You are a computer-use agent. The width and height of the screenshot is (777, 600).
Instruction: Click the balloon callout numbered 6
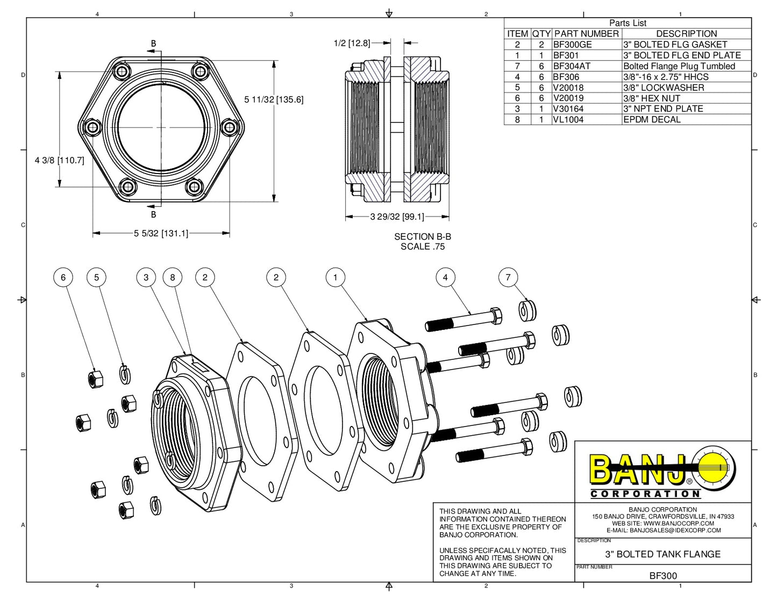tap(63, 277)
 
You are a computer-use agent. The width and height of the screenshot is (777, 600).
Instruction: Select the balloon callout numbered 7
tap(508, 277)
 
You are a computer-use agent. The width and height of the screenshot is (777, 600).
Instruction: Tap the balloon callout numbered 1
tap(336, 277)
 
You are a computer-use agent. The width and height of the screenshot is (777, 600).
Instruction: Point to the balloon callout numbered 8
tap(173, 277)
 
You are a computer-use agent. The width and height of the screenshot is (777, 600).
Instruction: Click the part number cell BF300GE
tap(573, 45)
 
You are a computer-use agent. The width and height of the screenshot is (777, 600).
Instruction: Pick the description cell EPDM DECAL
tap(652, 119)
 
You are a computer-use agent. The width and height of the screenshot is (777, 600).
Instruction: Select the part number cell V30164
tap(568, 109)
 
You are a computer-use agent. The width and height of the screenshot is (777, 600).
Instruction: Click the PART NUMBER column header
tap(586, 33)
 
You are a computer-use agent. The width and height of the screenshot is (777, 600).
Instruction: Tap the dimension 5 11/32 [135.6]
tap(274, 99)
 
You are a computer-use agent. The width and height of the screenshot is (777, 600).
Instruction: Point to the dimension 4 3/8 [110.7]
tap(59, 160)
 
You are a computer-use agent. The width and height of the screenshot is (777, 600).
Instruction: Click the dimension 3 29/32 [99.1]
tap(397, 216)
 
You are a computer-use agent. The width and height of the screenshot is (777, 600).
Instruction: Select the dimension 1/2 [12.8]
tap(352, 43)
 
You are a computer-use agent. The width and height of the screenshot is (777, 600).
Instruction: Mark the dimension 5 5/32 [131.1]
tap(161, 233)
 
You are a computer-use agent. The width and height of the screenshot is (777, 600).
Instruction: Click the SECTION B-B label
tap(423, 236)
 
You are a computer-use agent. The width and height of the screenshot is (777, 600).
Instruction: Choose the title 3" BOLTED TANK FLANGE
tap(662, 554)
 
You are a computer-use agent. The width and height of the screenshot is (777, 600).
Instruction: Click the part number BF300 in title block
tap(663, 575)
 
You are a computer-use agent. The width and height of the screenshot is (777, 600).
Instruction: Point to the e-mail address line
tap(662, 530)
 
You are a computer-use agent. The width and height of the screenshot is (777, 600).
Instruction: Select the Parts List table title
tap(628, 23)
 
